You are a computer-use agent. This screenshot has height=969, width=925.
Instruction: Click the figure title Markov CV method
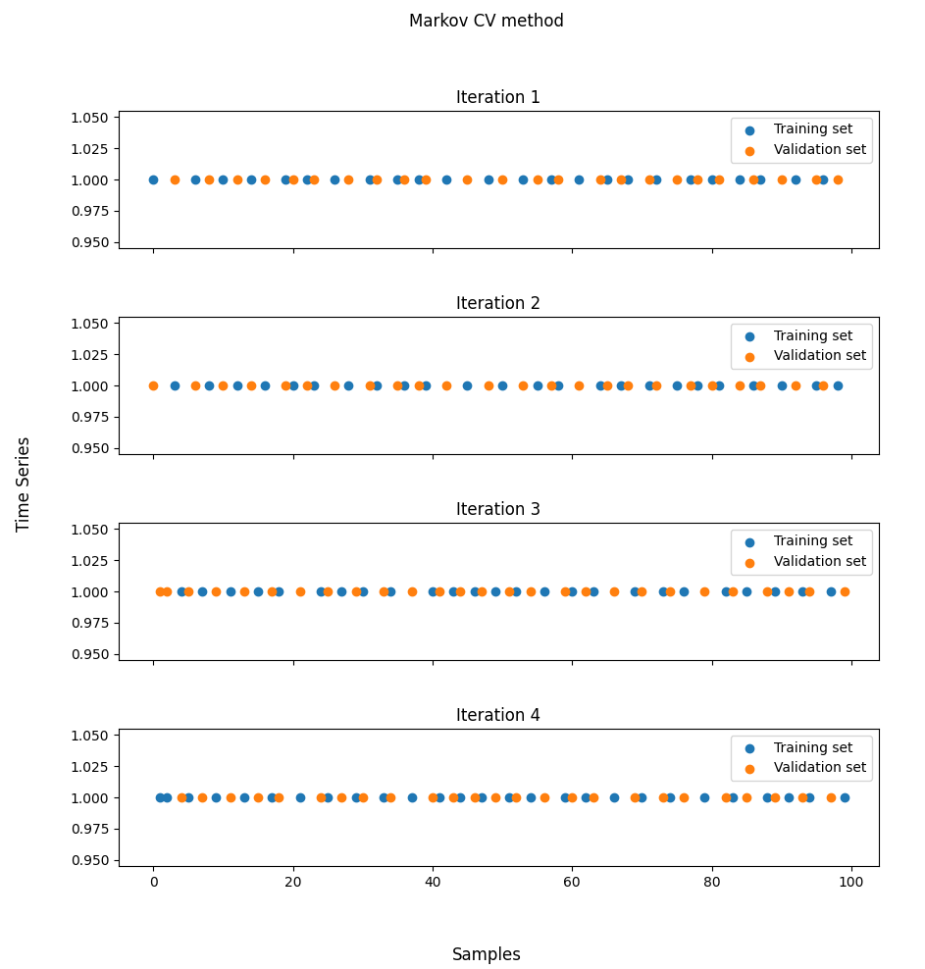coord(486,21)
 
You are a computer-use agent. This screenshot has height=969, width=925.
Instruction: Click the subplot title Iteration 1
coord(497,97)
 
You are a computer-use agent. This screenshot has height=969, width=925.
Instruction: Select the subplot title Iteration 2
coord(497,303)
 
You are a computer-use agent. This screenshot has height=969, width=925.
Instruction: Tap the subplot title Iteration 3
coord(497,509)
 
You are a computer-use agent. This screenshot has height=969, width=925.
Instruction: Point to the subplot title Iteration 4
coord(497,715)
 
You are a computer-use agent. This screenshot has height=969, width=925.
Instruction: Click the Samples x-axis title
coord(486,954)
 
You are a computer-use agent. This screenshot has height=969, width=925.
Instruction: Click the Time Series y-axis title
coord(24,484)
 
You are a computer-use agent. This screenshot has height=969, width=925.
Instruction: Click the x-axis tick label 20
coord(292,882)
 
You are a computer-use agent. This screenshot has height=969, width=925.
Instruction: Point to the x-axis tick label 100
coord(851,882)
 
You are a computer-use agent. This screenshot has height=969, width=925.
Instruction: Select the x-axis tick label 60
coord(572,882)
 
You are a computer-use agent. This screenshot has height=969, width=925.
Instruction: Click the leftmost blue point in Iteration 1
coord(153,179)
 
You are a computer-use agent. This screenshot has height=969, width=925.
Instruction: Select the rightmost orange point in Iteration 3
coord(845,591)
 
